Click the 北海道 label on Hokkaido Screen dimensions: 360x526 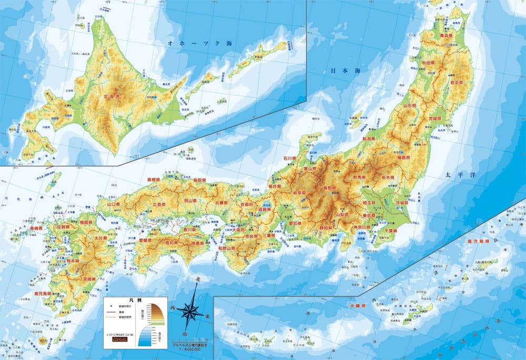pos(112,97)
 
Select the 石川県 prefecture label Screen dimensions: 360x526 pos(290,157)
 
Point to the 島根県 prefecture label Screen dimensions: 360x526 pos(156,179)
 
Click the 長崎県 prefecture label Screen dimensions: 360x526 pos(36,228)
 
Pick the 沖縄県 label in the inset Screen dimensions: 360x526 pos(358,305)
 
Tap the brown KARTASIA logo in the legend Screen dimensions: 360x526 pos(120,339)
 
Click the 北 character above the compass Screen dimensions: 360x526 pos(198,279)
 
